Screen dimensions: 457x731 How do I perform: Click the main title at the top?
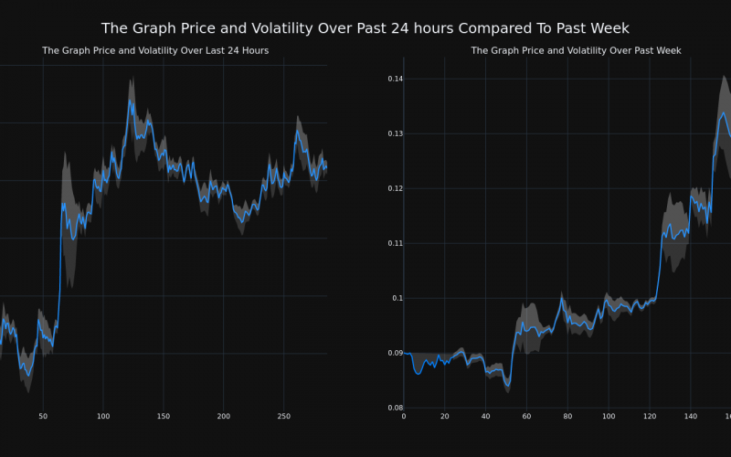(365, 28)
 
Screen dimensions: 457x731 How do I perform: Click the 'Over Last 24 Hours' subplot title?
(155, 50)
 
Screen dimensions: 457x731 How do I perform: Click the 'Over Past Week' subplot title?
(576, 50)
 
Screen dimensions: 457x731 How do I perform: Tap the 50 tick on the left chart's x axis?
(43, 417)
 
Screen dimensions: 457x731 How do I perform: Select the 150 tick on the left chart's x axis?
(163, 417)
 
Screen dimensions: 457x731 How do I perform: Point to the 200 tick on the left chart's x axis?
(223, 417)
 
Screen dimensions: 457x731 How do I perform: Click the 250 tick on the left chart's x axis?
(283, 417)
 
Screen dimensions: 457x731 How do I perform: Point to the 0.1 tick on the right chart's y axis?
(397, 298)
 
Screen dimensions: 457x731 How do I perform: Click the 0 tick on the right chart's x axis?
(404, 417)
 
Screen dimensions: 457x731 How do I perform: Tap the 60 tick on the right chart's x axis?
(526, 417)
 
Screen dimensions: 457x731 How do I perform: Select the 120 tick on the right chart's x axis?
(650, 417)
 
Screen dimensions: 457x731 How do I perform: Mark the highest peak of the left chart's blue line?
(130, 101)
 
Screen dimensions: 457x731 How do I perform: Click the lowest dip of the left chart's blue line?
(28, 376)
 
